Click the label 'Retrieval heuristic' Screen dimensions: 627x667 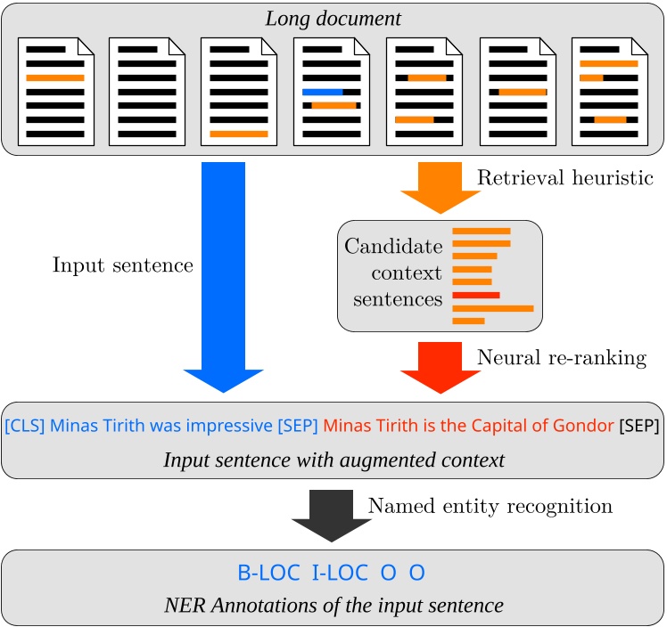click(564, 178)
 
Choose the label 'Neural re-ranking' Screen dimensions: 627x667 click(562, 358)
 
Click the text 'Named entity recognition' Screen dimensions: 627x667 click(490, 507)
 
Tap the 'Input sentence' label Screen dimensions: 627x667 click(123, 265)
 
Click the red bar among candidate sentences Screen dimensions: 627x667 click(476, 294)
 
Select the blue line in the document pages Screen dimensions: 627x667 click(322, 92)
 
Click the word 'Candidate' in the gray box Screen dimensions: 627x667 click(393, 244)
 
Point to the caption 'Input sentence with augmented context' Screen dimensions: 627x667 click(333, 460)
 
